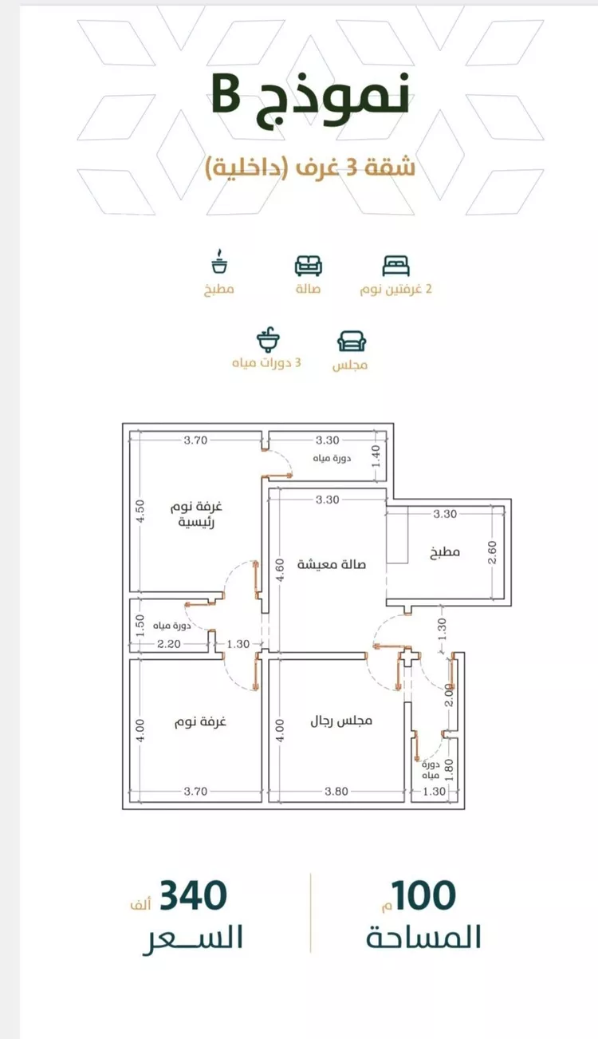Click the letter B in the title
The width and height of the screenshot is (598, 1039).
point(226,97)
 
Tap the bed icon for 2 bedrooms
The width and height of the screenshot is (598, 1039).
point(396,267)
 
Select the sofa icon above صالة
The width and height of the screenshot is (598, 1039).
point(309,266)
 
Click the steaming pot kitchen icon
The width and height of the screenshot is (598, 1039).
point(219,262)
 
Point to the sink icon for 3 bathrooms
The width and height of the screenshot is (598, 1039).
point(268,341)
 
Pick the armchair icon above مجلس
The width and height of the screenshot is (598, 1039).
point(352,342)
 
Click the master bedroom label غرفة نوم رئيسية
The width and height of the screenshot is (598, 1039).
point(197,514)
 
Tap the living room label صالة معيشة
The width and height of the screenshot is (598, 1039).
point(332,564)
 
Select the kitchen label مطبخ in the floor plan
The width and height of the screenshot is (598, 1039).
point(445,551)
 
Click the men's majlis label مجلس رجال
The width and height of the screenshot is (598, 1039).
point(341,721)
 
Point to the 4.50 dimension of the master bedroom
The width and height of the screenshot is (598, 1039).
point(140,511)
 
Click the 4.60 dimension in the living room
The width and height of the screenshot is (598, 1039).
point(280,570)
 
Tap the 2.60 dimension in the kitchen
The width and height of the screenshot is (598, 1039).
point(492,552)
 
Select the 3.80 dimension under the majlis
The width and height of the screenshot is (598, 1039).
point(336,791)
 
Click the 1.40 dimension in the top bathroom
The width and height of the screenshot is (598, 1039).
point(376,457)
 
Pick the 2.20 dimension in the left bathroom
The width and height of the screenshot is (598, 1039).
point(169,644)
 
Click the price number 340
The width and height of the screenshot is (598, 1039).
point(193,895)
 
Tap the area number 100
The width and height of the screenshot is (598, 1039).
point(423,895)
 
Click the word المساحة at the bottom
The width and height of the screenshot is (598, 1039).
point(423,937)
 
